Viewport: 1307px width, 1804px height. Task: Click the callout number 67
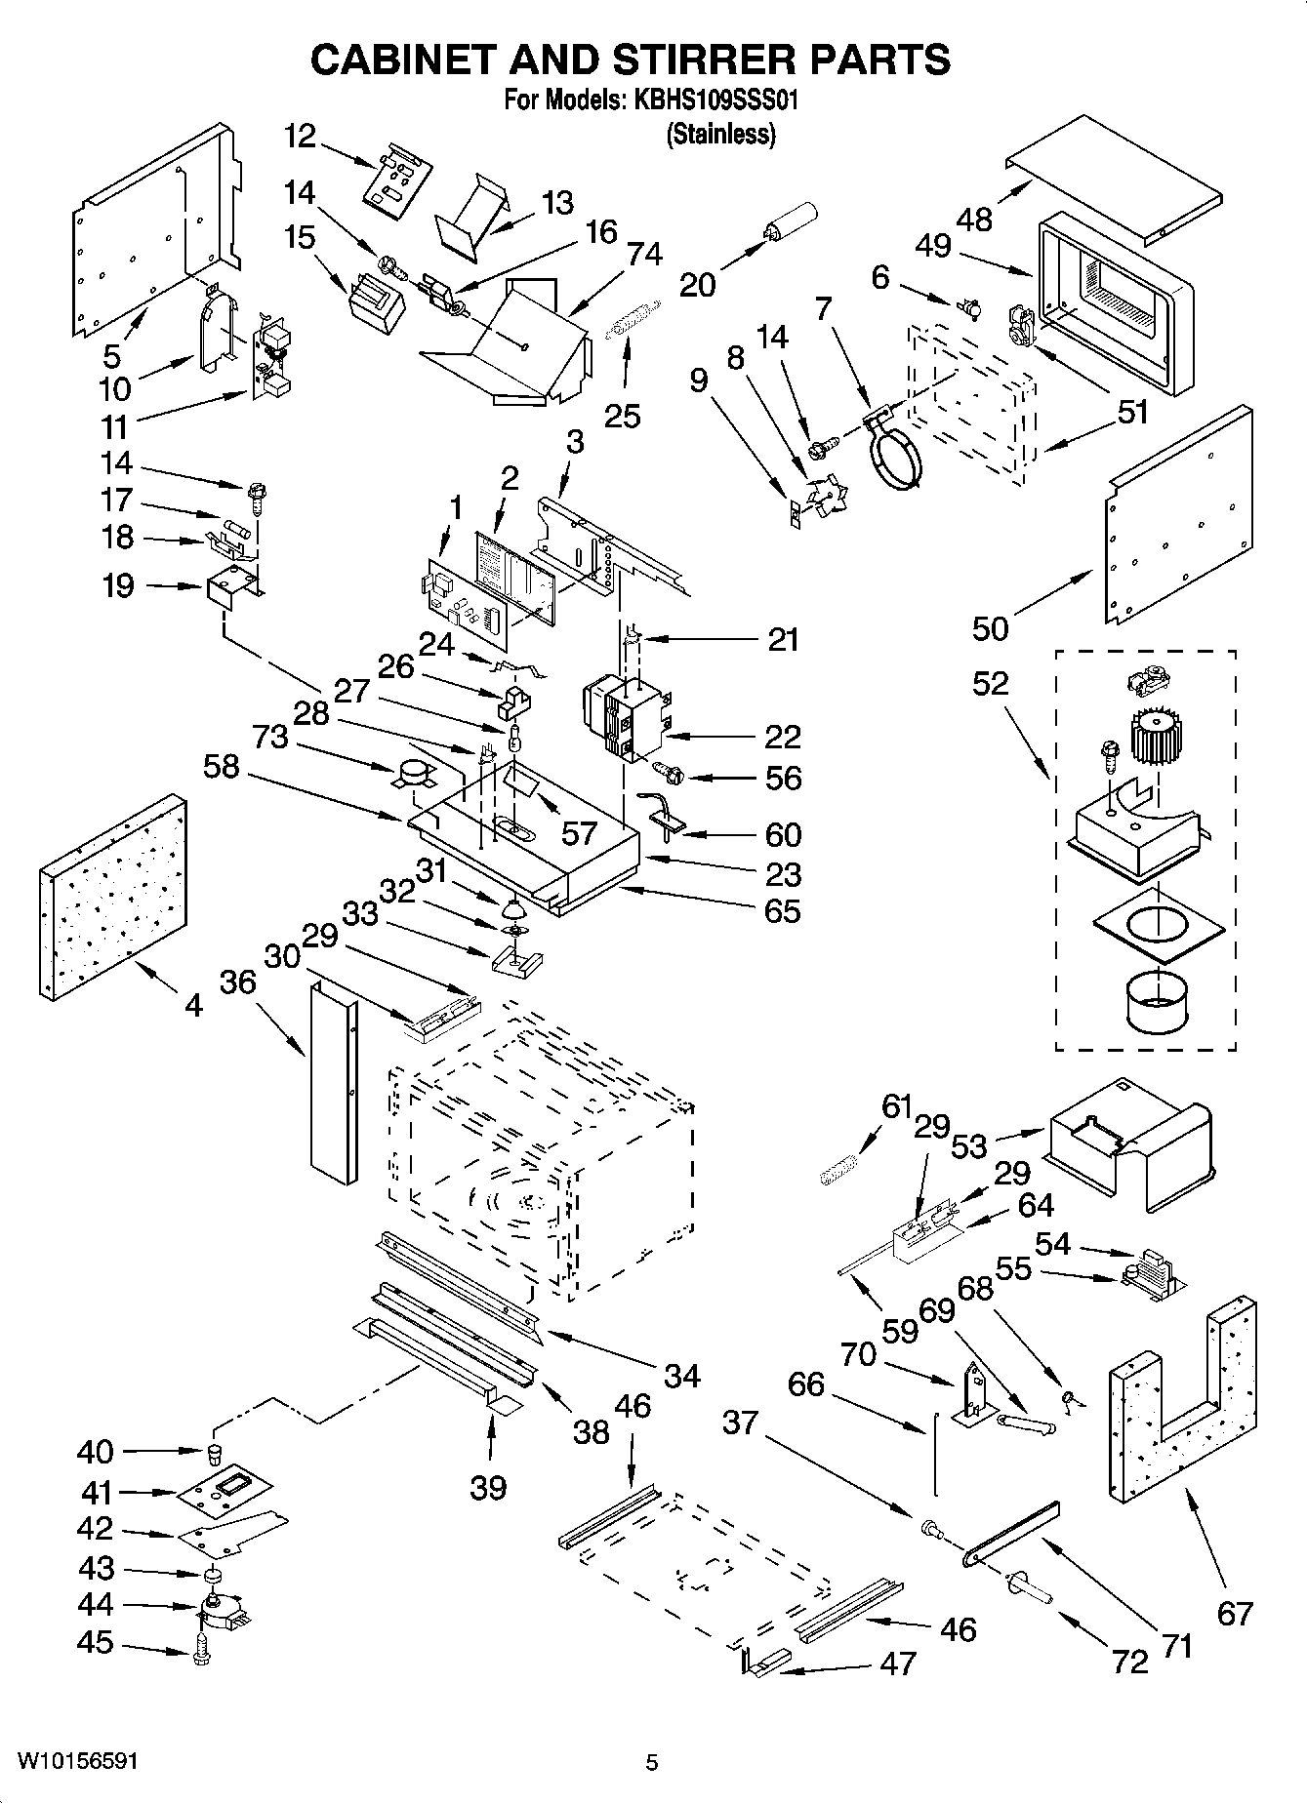coord(1234,1613)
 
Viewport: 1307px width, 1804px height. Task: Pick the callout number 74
coord(644,254)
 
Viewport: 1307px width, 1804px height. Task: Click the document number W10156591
coord(76,1762)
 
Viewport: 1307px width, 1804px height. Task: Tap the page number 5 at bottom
coord(652,1762)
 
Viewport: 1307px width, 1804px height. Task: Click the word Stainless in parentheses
coord(720,136)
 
